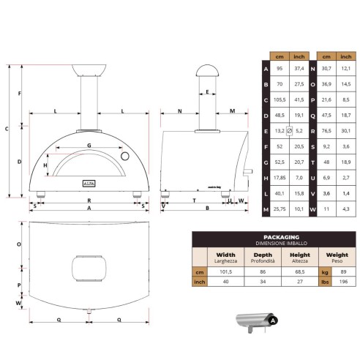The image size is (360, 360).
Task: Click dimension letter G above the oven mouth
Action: click(x=89, y=146)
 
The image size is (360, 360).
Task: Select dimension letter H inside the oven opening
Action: click(x=45, y=166)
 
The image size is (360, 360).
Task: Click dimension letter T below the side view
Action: click(x=194, y=199)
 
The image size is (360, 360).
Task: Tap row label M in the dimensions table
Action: click(x=265, y=209)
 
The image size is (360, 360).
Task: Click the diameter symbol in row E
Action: click(x=290, y=130)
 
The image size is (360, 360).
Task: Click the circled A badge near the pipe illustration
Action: click(x=273, y=320)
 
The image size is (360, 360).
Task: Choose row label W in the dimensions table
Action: click(x=313, y=209)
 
